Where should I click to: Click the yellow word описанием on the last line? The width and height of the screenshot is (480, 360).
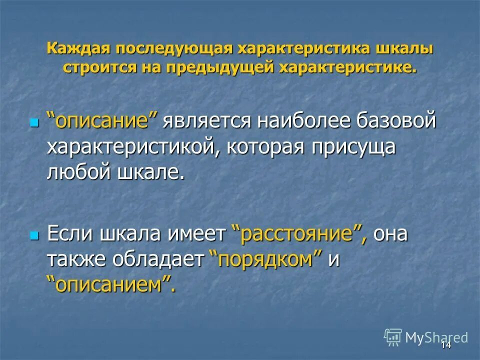[x=111, y=285]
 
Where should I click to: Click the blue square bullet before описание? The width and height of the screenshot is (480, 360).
[x=34, y=122]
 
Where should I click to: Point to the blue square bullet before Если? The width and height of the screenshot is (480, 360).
[x=34, y=235]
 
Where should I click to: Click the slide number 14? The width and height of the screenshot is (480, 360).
[x=446, y=344]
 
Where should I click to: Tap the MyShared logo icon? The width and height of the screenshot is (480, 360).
[x=393, y=337]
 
